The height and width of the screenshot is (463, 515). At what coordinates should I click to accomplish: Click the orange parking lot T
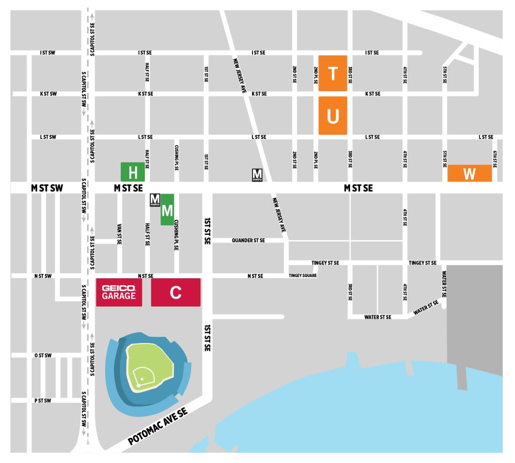point(332,73)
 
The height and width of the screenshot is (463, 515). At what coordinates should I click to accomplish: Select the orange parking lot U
point(332,116)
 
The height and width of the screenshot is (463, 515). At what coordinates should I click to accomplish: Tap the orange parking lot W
point(469,173)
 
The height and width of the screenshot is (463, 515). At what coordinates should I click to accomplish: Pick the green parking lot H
point(133,172)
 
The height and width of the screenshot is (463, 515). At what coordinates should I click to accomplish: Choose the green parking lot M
point(167,209)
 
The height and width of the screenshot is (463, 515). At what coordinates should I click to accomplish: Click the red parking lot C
point(176,292)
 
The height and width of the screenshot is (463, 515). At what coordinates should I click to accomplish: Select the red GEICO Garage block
point(119,292)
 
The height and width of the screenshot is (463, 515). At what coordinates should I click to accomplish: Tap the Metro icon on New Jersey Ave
point(257,175)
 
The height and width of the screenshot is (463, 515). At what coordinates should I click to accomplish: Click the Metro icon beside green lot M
point(155,200)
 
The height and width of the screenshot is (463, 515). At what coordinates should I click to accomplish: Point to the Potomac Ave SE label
point(158,426)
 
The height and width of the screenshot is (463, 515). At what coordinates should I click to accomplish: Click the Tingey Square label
point(302,276)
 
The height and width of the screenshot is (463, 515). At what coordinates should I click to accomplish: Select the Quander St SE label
point(248,241)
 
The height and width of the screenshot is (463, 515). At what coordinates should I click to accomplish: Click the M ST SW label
point(47,188)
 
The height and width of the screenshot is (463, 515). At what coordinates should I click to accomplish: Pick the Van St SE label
point(119,234)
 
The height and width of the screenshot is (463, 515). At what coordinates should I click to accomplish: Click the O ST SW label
point(43,356)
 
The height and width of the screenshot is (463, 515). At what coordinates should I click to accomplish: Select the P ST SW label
point(43,400)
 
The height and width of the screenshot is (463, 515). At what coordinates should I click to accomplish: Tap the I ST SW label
point(48,52)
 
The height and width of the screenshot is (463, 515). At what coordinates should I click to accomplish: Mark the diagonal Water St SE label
point(425,308)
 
